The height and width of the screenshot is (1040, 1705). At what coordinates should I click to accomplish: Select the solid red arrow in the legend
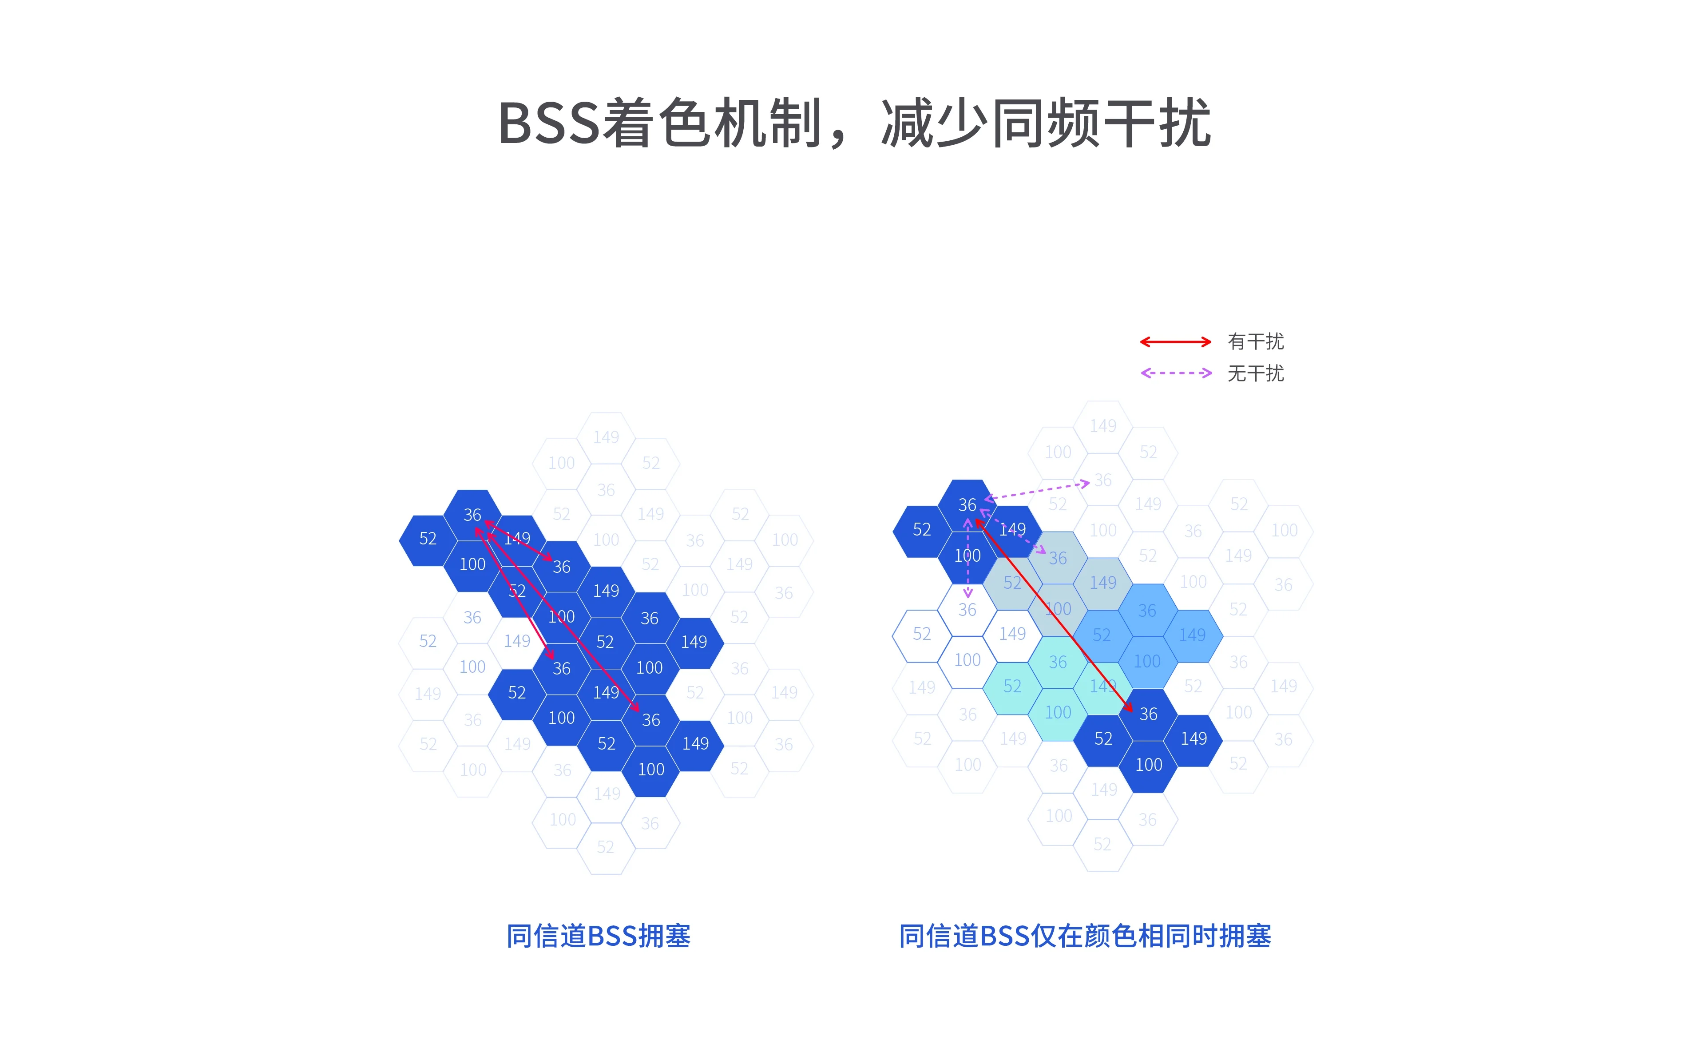click(1175, 342)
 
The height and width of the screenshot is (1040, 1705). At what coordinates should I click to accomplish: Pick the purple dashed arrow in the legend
click(1175, 373)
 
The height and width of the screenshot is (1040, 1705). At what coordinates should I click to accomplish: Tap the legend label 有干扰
click(1255, 342)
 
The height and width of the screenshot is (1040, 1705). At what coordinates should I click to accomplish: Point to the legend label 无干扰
click(1255, 373)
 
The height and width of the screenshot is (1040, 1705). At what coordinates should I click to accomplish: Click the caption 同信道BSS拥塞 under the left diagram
click(598, 936)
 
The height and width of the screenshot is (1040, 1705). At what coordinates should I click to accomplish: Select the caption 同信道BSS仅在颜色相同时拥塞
click(1084, 936)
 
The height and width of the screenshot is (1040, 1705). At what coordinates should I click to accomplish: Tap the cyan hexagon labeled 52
click(1011, 687)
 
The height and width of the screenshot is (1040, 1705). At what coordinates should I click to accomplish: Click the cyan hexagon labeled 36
click(1057, 662)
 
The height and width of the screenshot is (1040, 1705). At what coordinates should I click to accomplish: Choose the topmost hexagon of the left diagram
click(606, 437)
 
